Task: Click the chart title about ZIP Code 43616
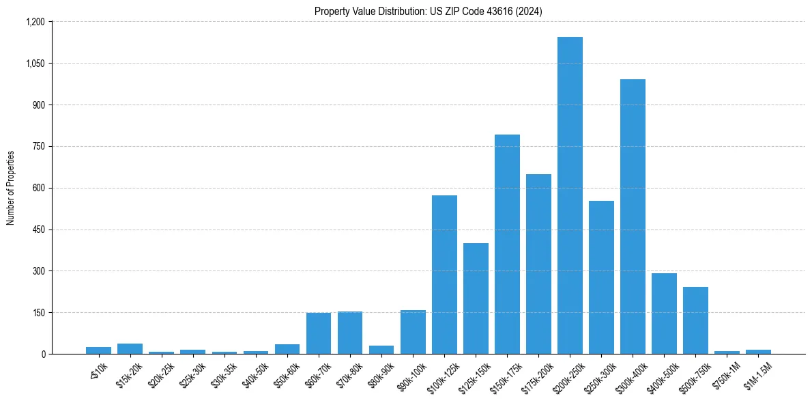[x=429, y=12]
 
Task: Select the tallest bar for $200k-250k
[x=570, y=195]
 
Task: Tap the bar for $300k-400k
[x=633, y=217]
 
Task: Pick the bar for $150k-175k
[x=507, y=244]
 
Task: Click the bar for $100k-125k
[x=444, y=275]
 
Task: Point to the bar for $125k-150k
[x=476, y=298]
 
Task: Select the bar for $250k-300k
[x=601, y=277]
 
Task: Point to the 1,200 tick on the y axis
[x=35, y=22]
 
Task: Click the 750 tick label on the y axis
[x=38, y=146]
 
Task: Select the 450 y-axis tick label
[x=38, y=230]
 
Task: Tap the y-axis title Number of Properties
[x=11, y=188]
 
